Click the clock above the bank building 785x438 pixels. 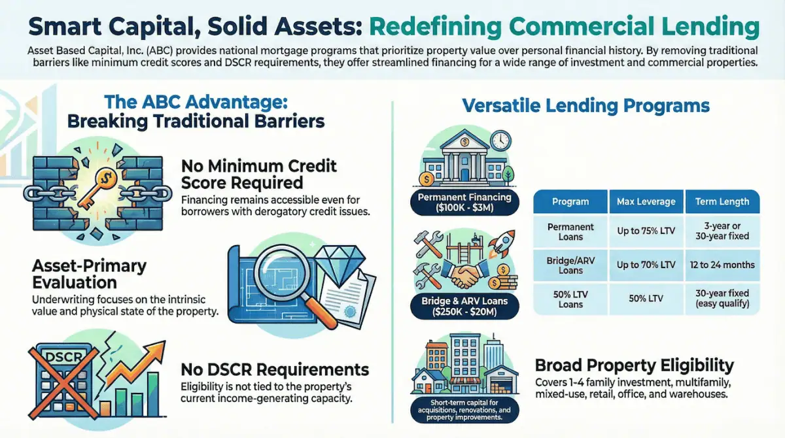[499, 141]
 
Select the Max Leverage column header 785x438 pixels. [646, 202]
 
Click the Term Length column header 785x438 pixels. [722, 202]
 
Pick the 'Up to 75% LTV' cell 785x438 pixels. [646, 231]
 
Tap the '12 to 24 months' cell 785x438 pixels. [722, 265]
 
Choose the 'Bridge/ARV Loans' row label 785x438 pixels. [570, 265]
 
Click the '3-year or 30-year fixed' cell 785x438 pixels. [722, 231]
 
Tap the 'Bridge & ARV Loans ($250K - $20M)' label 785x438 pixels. [464, 308]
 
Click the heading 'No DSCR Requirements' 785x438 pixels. [275, 369]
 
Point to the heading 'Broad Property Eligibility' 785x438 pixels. [634, 365]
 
